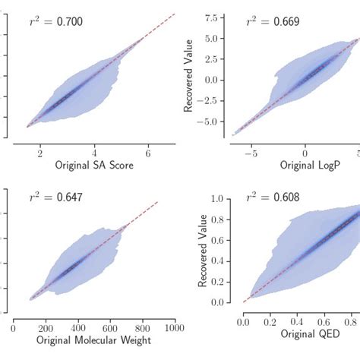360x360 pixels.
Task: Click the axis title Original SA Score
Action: tap(95, 166)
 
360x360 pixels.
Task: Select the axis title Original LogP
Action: tap(306, 166)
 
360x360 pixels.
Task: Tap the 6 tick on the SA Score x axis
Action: tap(148, 152)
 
